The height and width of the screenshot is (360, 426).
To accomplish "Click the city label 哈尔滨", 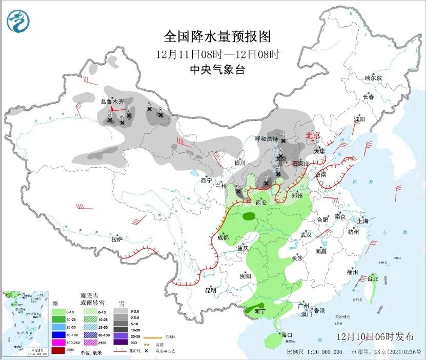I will point(373,78).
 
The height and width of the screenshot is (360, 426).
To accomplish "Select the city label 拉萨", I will point(117,239).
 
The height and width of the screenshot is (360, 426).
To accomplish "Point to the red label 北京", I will point(313,135).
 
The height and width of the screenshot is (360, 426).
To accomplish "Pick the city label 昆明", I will point(211,290).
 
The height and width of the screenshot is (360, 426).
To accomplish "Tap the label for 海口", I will point(287,335).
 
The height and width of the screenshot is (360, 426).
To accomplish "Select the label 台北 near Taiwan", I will point(372,279).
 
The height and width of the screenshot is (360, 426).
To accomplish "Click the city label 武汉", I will point(306,234).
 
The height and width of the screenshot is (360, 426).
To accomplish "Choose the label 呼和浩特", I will point(266,138).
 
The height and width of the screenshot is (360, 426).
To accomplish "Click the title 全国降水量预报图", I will point(217,36).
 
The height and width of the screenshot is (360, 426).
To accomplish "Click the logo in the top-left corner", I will point(18,21).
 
